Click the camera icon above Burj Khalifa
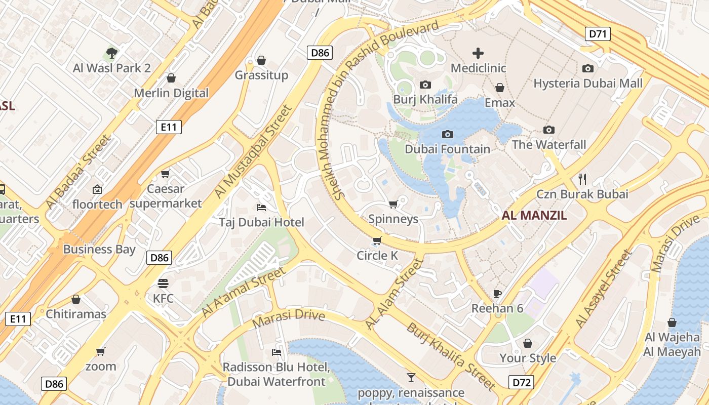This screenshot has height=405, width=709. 425,85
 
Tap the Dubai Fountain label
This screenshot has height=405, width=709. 447,149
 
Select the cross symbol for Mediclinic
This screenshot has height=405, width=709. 478,53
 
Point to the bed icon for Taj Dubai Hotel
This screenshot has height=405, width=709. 261,208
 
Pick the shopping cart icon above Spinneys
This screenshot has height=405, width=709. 393,205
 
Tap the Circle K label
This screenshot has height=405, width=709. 377,256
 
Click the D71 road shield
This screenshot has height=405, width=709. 598,34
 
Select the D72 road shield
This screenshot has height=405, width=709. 521,382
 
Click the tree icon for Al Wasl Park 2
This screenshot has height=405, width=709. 112,53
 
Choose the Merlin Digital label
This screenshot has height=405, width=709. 171,93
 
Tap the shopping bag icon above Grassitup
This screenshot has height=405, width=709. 261,61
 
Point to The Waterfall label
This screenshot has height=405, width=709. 548,145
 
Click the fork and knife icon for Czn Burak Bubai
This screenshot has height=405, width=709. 582,179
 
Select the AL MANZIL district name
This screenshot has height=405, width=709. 534,215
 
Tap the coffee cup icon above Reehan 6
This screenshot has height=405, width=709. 497,294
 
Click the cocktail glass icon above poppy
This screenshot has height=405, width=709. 411,377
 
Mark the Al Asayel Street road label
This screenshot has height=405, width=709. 604,289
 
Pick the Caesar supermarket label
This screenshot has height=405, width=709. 166,196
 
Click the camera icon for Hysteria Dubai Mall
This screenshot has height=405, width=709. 588,68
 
